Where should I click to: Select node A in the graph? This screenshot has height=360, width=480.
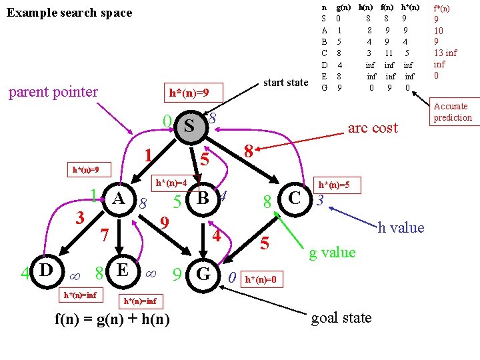(x=119, y=199)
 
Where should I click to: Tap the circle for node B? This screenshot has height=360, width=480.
(x=203, y=199)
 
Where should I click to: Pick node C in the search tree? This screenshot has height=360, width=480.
(x=295, y=199)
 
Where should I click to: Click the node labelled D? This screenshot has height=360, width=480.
(x=47, y=271)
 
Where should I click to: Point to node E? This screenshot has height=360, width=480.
(x=123, y=271)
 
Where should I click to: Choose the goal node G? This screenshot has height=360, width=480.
(x=203, y=275)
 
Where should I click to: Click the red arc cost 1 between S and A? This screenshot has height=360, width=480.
(x=148, y=155)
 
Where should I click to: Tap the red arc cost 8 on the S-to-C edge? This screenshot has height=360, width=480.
(x=249, y=151)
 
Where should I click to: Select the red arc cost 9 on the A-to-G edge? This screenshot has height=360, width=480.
(x=165, y=223)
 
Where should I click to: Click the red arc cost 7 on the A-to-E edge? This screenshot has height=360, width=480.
(x=105, y=235)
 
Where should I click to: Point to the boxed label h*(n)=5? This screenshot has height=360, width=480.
(x=337, y=185)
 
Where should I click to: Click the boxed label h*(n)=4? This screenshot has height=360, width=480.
(x=175, y=183)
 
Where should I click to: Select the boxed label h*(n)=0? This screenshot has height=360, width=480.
(x=262, y=279)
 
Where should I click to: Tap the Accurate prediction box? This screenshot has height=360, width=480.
(x=455, y=112)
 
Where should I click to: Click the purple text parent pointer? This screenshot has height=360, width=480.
(x=53, y=93)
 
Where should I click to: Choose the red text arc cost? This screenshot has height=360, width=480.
(x=373, y=128)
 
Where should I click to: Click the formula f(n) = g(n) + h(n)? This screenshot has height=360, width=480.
(x=112, y=319)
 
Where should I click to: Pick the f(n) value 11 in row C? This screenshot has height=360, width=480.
(x=389, y=53)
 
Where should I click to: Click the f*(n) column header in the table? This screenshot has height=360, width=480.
(x=441, y=8)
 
